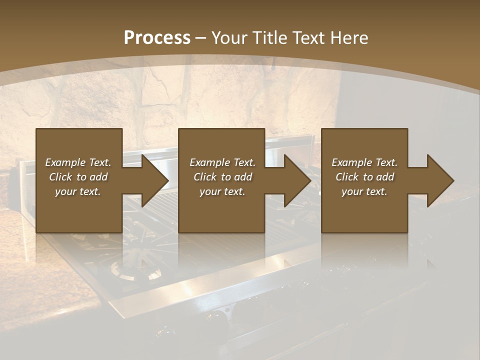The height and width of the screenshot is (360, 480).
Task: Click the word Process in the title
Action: click(157, 38)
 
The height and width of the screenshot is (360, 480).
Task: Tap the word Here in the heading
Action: click(349, 38)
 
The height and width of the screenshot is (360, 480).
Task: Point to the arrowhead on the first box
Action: click(153, 180)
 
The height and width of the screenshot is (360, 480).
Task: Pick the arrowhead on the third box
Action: click(439, 180)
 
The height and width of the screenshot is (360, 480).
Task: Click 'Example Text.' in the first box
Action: click(78, 162)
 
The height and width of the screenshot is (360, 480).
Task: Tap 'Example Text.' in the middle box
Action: click(222, 162)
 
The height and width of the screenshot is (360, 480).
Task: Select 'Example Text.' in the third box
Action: click(364, 162)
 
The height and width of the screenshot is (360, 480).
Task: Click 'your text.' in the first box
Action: click(78, 191)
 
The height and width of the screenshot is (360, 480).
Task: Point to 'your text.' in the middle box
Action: click(222, 191)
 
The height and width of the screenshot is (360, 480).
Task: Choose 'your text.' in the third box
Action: click(364, 191)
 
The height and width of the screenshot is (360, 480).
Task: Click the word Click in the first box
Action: click(60, 177)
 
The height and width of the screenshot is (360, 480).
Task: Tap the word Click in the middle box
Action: click(205, 177)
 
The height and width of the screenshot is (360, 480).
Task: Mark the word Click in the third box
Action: click(347, 177)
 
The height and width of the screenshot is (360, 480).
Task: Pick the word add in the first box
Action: click(99, 177)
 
